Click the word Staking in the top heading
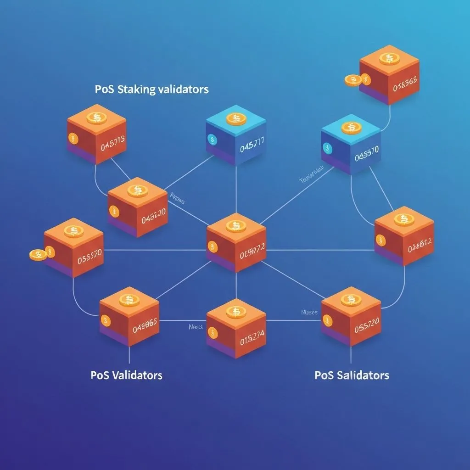[x=136, y=89]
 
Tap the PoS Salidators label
[x=352, y=375]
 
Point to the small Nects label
[x=196, y=327]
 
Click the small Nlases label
[x=309, y=313]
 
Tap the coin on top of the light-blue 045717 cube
[x=236, y=119]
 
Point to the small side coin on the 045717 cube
[x=212, y=139]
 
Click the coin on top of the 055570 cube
[x=73, y=231]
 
